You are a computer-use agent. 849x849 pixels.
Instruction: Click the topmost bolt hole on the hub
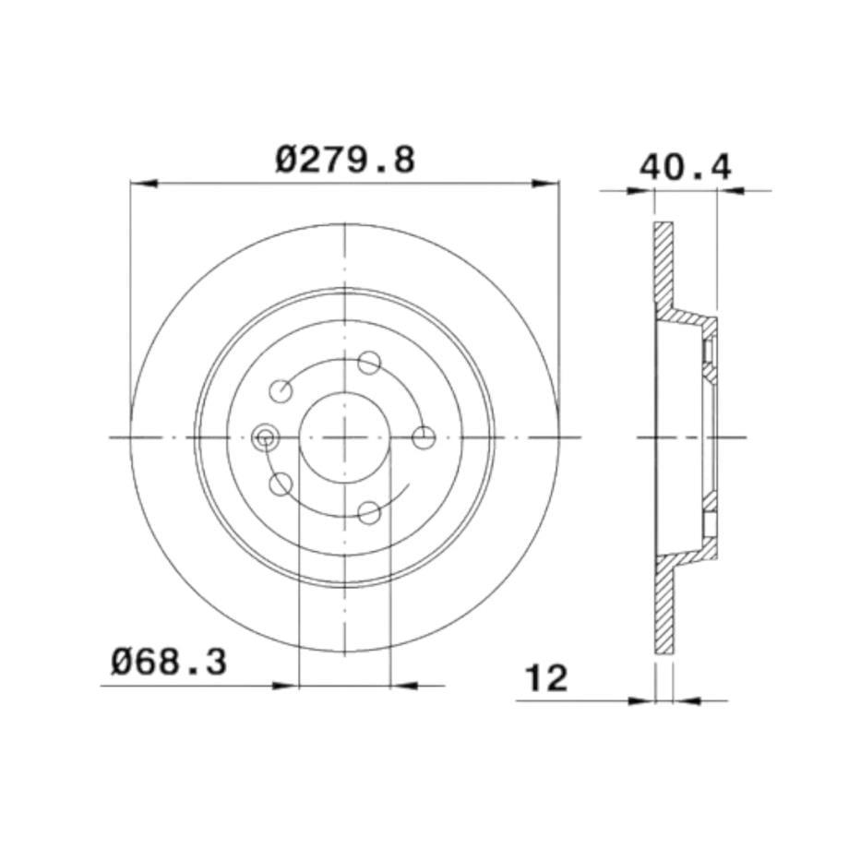coord(368,362)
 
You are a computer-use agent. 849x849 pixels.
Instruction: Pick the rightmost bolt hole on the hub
coord(424,437)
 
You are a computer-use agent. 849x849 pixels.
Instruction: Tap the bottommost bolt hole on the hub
coord(368,512)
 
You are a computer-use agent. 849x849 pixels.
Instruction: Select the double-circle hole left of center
coord(265,436)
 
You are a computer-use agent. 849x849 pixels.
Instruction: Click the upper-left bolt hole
coord(281,390)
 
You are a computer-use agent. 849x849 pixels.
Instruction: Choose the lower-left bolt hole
coord(281,484)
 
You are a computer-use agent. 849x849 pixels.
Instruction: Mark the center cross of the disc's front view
coord(344,437)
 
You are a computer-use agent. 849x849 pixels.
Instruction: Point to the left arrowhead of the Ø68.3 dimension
coord(289,685)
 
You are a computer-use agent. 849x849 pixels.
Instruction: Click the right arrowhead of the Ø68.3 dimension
coord(402,685)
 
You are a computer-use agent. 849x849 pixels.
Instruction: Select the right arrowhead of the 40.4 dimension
coord(728,191)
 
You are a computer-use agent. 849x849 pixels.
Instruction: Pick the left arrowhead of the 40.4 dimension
coord(642,191)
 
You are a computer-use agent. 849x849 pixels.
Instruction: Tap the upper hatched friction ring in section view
coord(663,268)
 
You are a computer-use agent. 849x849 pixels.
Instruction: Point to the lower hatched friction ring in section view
coord(664,609)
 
